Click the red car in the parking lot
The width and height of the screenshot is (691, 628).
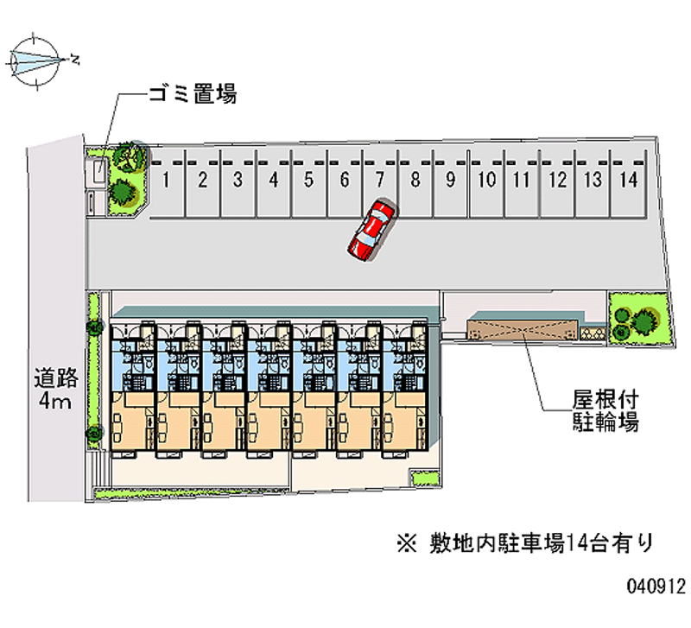click(x=371, y=231)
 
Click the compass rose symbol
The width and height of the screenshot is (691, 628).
click(x=35, y=60)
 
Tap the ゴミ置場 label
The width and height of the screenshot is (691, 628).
click(x=193, y=94)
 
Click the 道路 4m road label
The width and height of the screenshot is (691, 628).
click(x=56, y=389)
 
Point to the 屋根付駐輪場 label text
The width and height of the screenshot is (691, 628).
click(x=605, y=410)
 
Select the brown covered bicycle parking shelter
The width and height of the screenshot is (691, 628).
click(x=523, y=330)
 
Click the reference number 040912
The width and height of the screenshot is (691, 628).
click(x=656, y=587)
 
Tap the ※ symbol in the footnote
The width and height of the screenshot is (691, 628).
click(x=406, y=543)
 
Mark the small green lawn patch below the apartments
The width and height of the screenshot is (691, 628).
click(x=426, y=479)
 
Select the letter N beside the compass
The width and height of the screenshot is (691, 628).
click(x=75, y=59)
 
